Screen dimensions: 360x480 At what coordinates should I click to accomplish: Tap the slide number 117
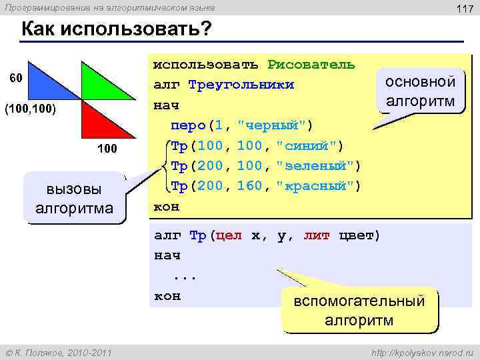point(463,8)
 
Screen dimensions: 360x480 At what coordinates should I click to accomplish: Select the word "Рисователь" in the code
point(311,65)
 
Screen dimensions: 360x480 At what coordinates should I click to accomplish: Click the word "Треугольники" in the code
point(241,85)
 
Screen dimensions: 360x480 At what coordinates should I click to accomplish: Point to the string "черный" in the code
point(275,125)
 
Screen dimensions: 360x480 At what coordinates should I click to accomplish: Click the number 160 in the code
point(250,185)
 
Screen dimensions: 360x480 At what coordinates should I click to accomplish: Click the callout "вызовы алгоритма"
point(74,199)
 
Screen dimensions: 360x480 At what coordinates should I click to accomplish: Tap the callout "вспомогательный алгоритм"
point(359,310)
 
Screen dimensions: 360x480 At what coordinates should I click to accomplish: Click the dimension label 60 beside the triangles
point(15,77)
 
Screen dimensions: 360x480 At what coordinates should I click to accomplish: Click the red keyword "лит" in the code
point(316,235)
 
